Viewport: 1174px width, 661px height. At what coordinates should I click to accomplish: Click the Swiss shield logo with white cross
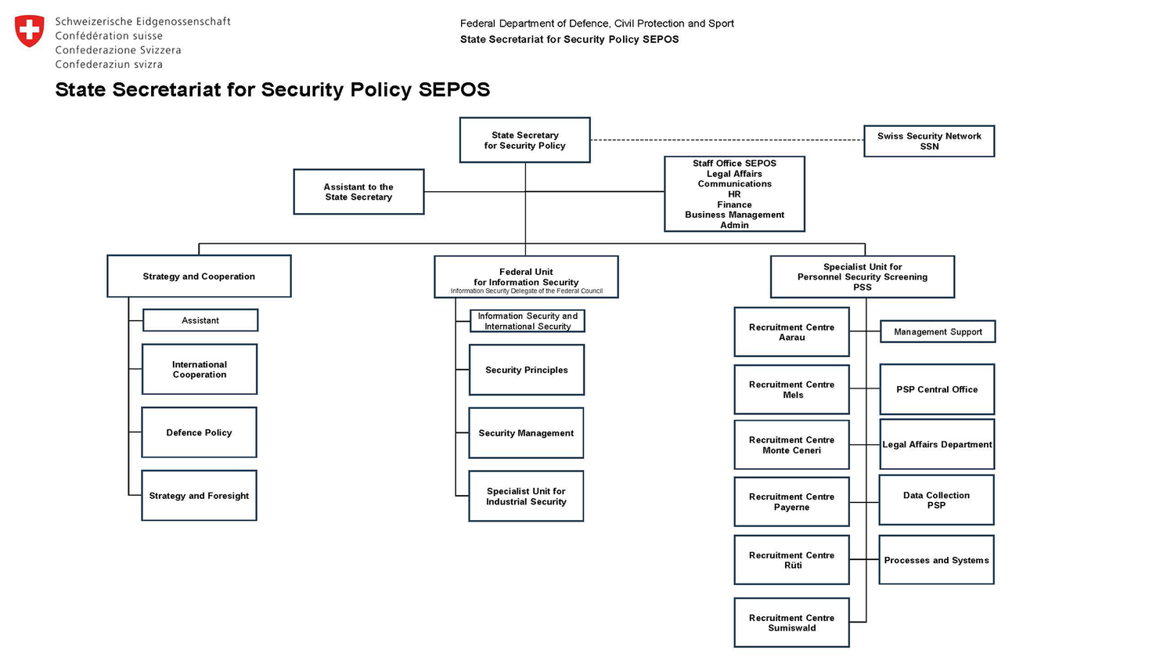30,31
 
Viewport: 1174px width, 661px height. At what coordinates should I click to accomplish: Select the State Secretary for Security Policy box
524,140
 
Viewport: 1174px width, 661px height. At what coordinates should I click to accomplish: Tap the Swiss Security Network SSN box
929,141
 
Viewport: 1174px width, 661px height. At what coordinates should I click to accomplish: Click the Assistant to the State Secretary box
358,192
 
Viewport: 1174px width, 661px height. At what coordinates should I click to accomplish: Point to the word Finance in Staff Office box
734,204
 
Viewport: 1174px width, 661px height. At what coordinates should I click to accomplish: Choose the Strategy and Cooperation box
199,276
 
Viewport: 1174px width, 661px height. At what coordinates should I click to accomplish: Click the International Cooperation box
200,370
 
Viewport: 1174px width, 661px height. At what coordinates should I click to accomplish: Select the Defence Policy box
199,432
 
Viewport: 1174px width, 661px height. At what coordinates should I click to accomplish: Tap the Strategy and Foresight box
199,496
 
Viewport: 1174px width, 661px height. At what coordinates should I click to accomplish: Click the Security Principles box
526,370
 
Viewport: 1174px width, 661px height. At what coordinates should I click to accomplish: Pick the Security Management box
526,433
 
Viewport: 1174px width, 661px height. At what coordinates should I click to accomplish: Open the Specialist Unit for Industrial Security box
526,497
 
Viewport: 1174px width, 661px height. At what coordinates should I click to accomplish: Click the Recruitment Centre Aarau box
791,332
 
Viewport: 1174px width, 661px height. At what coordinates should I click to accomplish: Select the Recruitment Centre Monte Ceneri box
791,445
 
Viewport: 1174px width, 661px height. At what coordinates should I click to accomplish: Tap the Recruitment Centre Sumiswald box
791,623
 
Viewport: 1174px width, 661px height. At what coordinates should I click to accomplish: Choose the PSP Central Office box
937,389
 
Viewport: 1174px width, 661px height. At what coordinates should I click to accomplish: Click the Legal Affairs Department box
937,444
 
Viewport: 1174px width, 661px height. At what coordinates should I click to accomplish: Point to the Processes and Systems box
936,560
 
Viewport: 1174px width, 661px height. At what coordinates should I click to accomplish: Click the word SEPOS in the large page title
454,90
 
